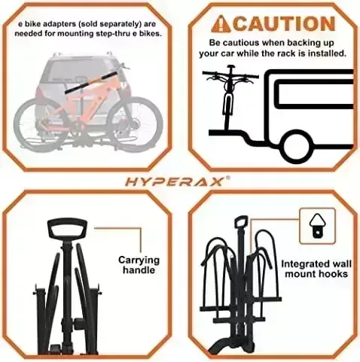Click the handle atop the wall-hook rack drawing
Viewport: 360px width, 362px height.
[x=240, y=223]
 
